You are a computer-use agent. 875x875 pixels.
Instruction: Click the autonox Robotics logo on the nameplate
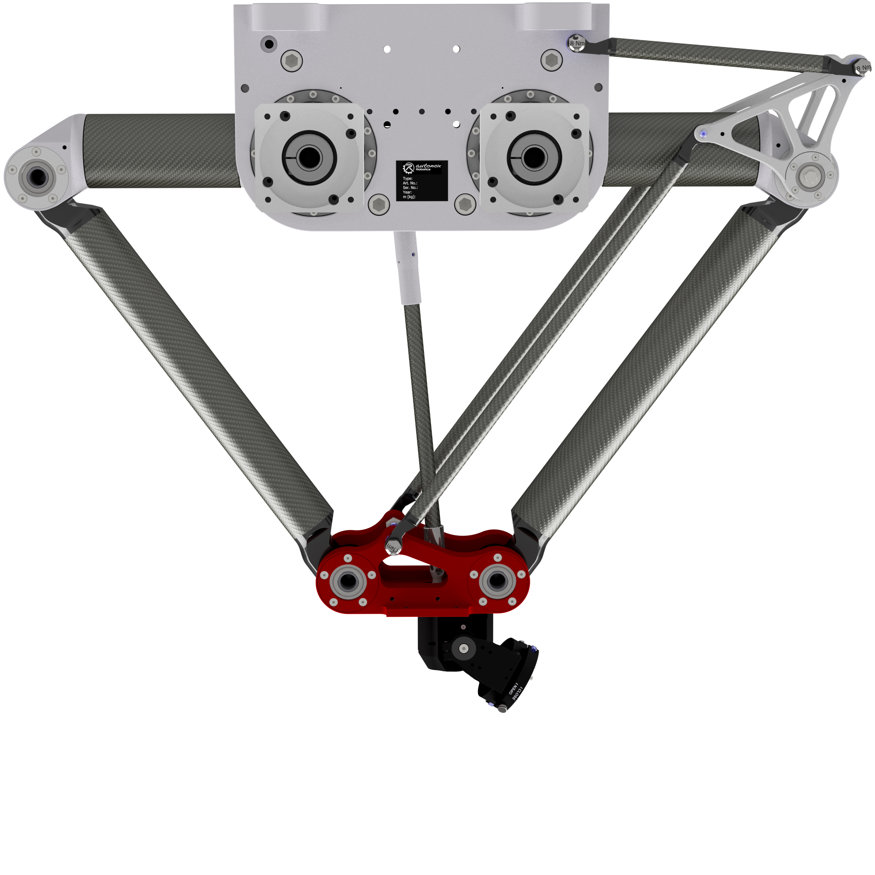click(x=421, y=168)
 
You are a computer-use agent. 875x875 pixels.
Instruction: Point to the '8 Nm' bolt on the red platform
click(x=392, y=547)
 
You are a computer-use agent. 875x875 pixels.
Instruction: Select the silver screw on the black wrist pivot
click(x=463, y=649)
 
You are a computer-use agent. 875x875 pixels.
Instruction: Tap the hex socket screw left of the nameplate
click(x=379, y=204)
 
